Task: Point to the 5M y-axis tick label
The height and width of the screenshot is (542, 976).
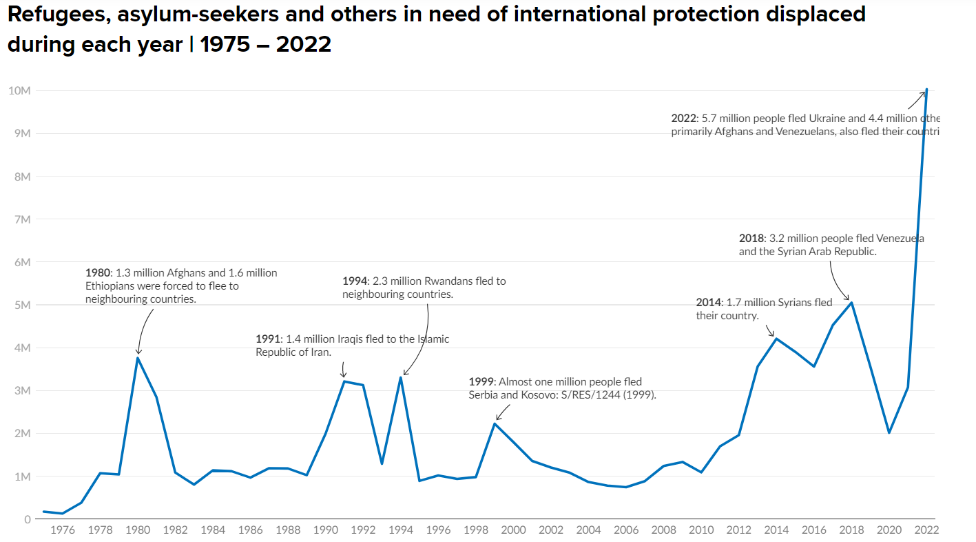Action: (x=20, y=305)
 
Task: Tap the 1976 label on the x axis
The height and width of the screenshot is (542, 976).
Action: (x=63, y=530)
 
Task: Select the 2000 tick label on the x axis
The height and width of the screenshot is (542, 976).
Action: (x=513, y=530)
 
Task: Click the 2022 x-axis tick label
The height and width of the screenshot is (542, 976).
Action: (x=926, y=530)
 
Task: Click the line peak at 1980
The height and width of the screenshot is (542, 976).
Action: (x=138, y=357)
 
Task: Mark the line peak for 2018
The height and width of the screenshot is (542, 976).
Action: (x=851, y=303)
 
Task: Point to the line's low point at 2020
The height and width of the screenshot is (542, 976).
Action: (x=889, y=432)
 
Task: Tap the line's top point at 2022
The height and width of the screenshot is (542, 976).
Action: (x=926, y=89)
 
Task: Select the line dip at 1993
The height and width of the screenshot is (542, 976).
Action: (x=382, y=463)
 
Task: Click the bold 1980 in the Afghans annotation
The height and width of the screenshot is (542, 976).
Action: (x=97, y=273)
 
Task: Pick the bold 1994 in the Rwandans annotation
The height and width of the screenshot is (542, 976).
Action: (x=354, y=281)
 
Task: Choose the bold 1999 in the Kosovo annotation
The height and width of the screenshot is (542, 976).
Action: (x=481, y=382)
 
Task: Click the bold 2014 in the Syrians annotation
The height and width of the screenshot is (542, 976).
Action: (x=708, y=303)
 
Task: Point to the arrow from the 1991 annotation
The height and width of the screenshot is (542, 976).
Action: (x=344, y=370)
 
